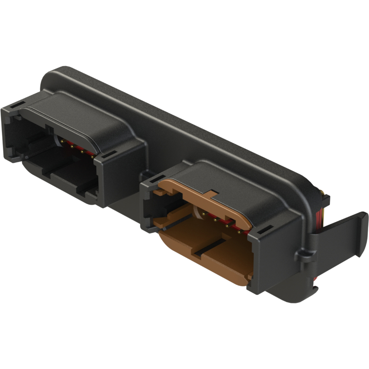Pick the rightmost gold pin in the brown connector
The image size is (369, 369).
coord(240,232)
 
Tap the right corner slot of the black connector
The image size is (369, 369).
coord(108,154)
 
